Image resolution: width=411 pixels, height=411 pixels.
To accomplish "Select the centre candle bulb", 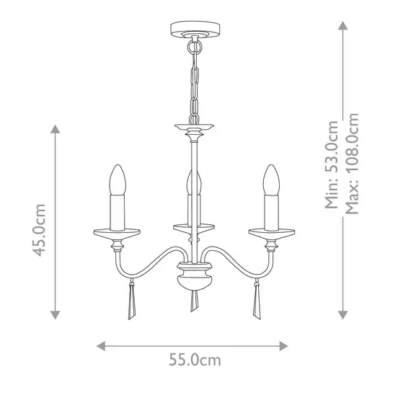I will tap(192, 185).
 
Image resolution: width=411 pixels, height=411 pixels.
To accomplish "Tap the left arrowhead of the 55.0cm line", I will tap(102, 345).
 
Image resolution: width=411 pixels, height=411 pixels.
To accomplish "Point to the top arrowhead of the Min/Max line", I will tap(343, 24).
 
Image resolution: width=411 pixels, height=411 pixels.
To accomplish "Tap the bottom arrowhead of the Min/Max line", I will tap(343, 315).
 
